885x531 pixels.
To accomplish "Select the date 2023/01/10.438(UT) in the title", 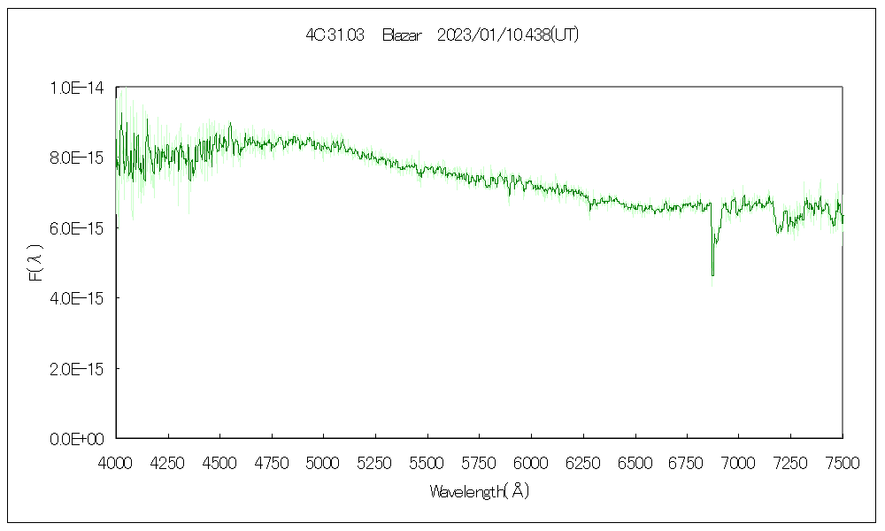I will (x=508, y=35).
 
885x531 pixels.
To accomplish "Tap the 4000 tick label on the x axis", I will (x=116, y=461).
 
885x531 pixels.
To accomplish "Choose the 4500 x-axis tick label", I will (x=219, y=461).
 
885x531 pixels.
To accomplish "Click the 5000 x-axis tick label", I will (x=323, y=461).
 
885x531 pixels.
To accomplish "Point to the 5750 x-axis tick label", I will (x=479, y=461).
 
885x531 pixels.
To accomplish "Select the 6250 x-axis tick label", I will (x=582, y=461).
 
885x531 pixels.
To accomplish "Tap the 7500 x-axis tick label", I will (x=842, y=461).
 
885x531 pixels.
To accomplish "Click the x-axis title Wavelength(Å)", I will (x=479, y=491).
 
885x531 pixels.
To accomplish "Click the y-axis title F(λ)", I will (x=36, y=263).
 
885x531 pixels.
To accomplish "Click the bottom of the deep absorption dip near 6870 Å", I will (x=712, y=274).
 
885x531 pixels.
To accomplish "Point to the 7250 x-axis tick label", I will (x=790, y=461).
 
